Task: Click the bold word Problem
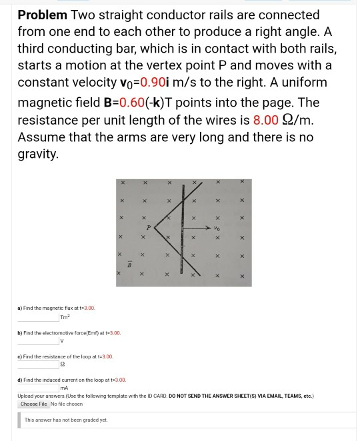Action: [x=41, y=15]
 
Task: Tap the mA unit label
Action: [x=65, y=388]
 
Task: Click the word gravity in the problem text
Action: [x=39, y=155]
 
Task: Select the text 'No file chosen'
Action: [x=67, y=404]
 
